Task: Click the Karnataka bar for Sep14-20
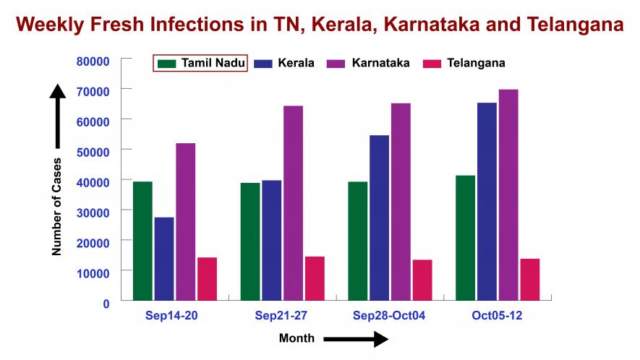pyautogui.click(x=185, y=221)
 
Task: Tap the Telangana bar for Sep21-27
pyautogui.click(x=315, y=278)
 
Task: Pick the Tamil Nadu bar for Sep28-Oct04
pyautogui.click(x=357, y=240)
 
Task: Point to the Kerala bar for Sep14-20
pyautogui.click(x=164, y=258)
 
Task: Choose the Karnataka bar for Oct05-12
pyautogui.click(x=508, y=194)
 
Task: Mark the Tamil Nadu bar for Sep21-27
pyautogui.click(x=250, y=241)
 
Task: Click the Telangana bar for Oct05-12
pyautogui.click(x=529, y=279)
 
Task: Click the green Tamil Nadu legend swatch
pyautogui.click(x=167, y=63)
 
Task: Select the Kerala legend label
pyautogui.click(x=296, y=63)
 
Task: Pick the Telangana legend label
pyautogui.click(x=476, y=63)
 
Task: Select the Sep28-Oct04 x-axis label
pyautogui.click(x=390, y=316)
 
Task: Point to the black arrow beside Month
pyautogui.click(x=356, y=339)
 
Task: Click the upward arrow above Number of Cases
pyautogui.click(x=58, y=116)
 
